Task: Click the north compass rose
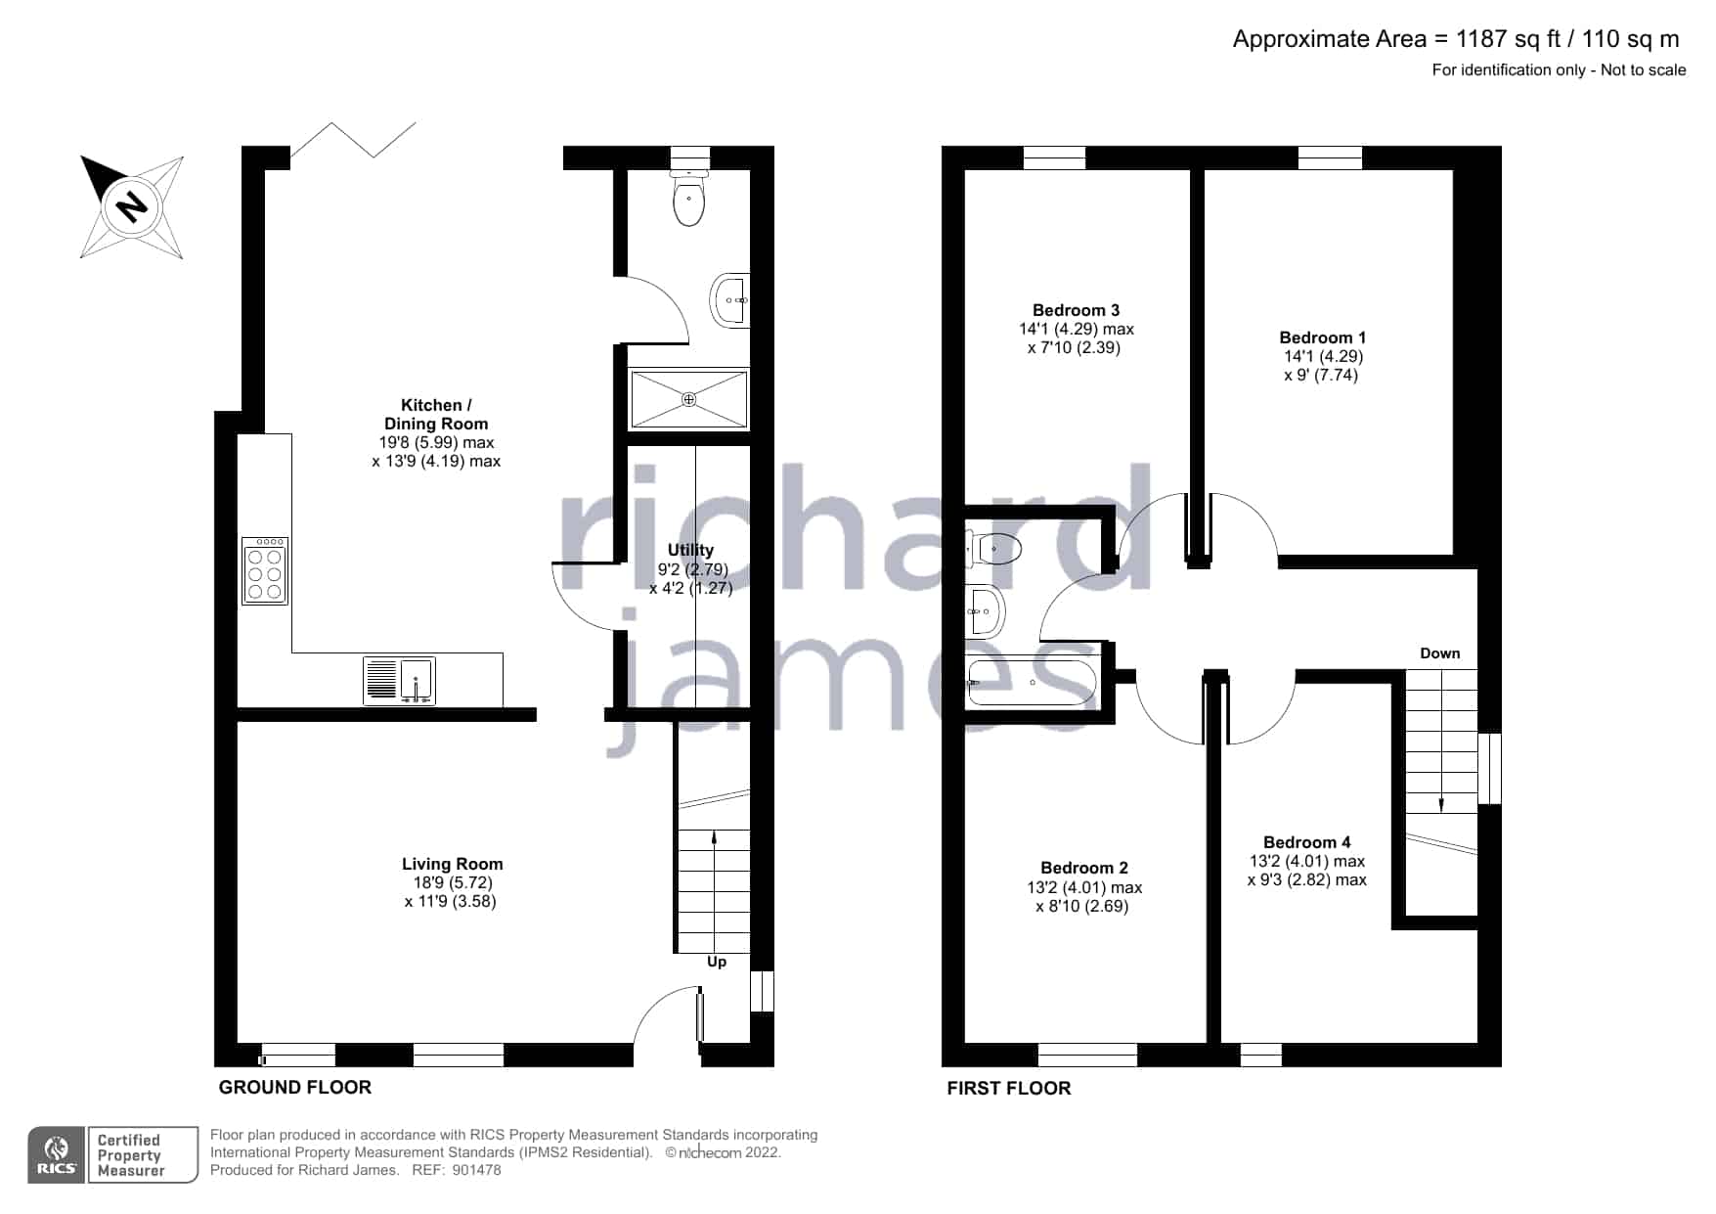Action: coord(132,206)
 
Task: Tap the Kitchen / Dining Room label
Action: coord(436,415)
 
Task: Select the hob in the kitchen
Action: coord(265,570)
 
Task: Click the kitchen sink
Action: coord(399,681)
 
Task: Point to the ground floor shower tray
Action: coord(689,399)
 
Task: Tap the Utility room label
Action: coord(690,550)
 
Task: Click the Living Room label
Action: coord(453,864)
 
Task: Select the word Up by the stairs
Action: coord(717,963)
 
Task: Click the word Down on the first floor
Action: coord(1440,653)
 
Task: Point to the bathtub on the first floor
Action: coord(1033,683)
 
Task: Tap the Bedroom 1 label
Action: coord(1323,337)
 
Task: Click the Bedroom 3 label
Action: coord(1077,310)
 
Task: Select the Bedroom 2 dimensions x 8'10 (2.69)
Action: coord(1082,907)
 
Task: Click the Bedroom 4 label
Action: coord(1307,842)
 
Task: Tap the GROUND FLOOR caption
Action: coord(295,1087)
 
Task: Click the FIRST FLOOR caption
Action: coord(1009,1088)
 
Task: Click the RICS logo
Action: coord(57,1155)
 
